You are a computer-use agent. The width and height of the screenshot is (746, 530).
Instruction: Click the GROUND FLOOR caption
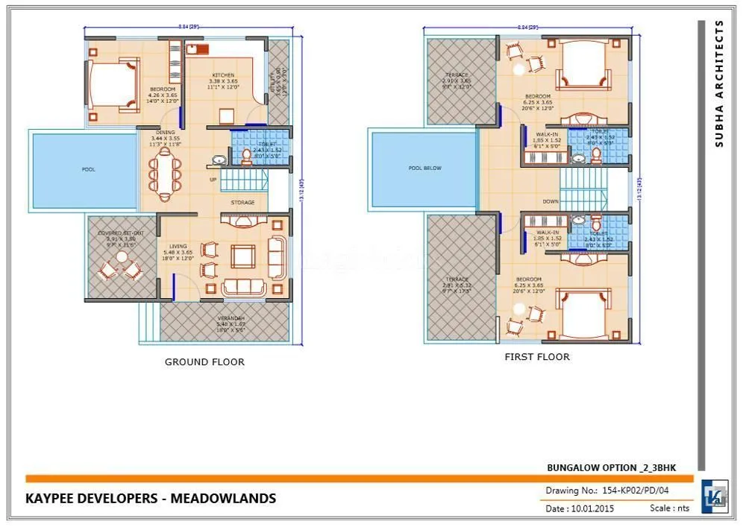[x=204, y=362]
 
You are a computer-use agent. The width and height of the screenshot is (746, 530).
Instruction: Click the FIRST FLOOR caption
[x=536, y=357]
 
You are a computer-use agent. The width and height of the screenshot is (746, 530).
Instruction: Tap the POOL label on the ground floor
[x=89, y=169]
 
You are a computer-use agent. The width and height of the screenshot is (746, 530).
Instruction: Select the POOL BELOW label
[x=425, y=168]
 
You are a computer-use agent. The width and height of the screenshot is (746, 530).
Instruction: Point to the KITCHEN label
[x=223, y=75]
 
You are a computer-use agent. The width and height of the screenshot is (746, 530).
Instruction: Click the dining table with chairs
[x=164, y=174]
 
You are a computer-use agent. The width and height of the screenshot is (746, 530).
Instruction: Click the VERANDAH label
[x=230, y=318]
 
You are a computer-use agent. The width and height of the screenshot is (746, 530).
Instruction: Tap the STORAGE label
[x=242, y=202]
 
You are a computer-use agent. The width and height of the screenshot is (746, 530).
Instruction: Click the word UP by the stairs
[x=213, y=180]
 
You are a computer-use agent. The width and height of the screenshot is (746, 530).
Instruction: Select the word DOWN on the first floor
[x=551, y=201]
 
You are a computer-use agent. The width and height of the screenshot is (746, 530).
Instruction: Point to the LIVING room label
[x=178, y=247]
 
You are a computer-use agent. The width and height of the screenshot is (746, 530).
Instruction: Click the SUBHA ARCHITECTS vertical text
[x=719, y=83]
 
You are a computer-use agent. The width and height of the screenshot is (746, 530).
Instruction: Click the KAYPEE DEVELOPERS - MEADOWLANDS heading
[x=151, y=498]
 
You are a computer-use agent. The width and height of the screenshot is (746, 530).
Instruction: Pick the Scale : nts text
[x=669, y=508]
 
